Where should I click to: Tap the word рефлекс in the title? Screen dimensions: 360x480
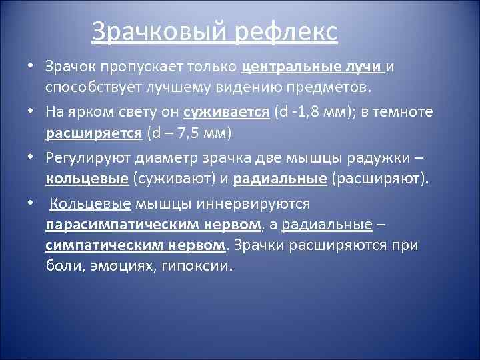click(287, 32)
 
